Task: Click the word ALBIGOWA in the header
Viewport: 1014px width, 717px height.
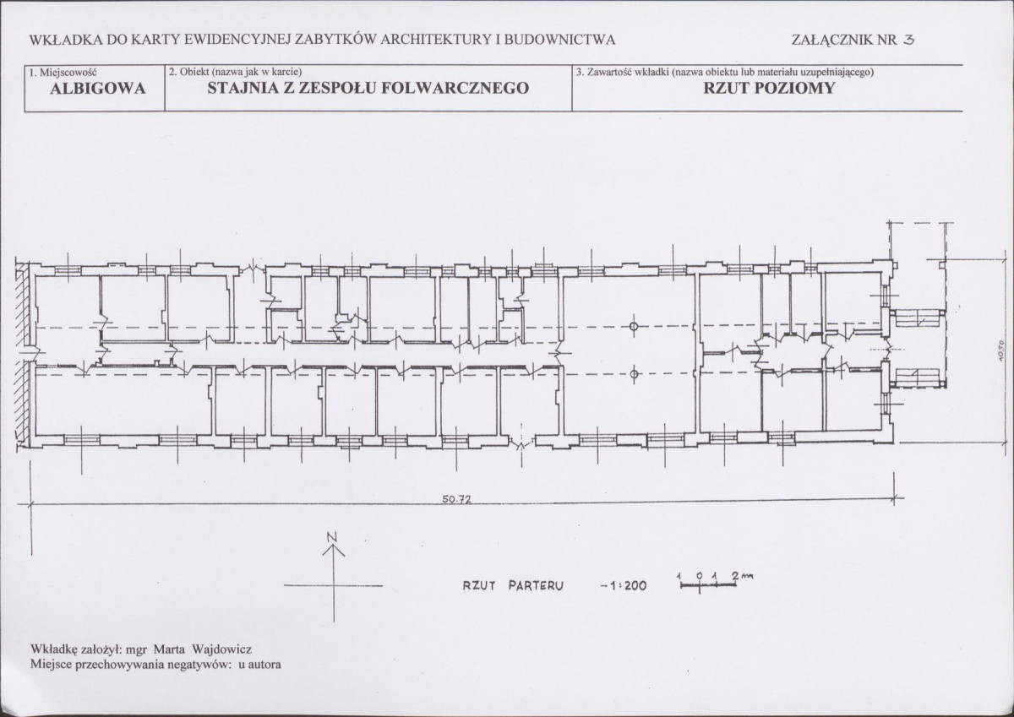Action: coord(98,89)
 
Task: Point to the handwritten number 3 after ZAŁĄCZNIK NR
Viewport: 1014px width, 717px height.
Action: coord(908,41)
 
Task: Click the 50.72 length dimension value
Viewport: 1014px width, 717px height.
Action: coord(457,499)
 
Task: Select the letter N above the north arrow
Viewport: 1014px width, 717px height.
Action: coord(333,537)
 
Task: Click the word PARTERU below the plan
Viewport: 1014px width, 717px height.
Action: coord(536,586)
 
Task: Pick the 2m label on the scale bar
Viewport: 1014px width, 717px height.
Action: coord(744,576)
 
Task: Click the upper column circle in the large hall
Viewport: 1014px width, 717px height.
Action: coord(634,326)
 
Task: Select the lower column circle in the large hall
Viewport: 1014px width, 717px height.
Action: coord(634,373)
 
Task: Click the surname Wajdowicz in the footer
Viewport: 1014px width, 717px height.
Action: coord(221,649)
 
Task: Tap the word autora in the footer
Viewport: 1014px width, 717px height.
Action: coord(264,665)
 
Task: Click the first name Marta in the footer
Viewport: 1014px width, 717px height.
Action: coord(169,649)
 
